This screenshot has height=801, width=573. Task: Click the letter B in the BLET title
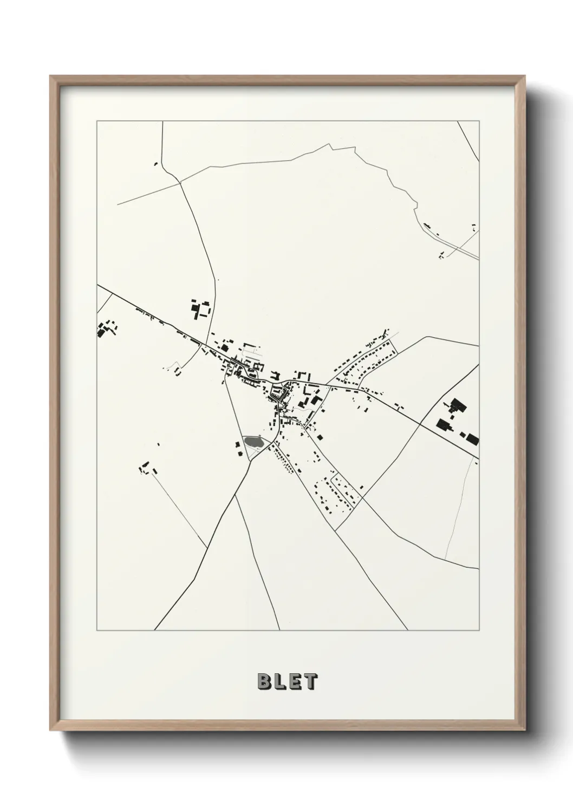[x=265, y=682]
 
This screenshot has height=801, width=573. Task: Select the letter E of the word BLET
[x=295, y=682]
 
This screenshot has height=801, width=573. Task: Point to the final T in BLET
[x=309, y=682]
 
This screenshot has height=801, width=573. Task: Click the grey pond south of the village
[x=252, y=442]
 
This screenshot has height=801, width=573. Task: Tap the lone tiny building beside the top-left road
[x=156, y=163]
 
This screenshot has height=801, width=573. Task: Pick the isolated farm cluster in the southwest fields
[x=145, y=467]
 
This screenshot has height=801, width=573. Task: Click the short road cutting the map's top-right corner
[x=469, y=141]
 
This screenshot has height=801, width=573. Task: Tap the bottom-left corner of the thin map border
[x=97, y=630]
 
